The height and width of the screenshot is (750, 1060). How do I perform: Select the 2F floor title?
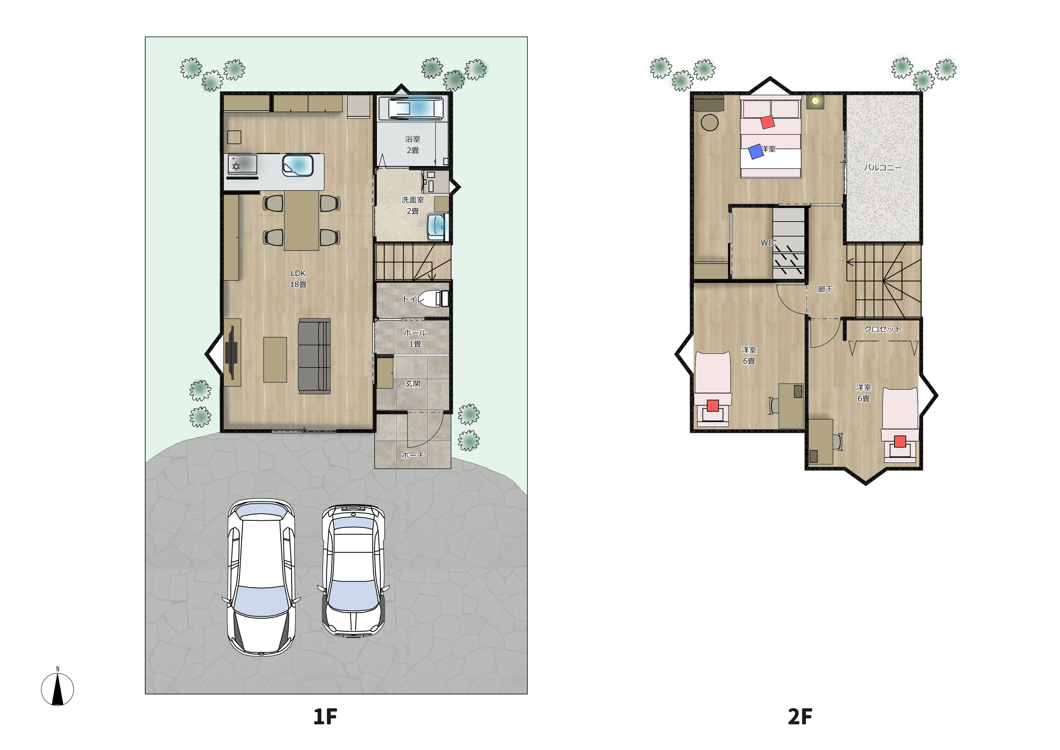point(800,717)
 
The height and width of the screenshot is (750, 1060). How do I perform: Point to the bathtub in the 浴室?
point(412,109)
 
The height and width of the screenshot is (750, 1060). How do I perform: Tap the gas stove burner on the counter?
point(236,166)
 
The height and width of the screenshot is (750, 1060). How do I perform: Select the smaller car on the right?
point(353,571)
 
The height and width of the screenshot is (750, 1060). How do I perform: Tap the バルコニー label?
point(882,168)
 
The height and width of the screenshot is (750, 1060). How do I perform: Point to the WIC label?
point(768,243)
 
